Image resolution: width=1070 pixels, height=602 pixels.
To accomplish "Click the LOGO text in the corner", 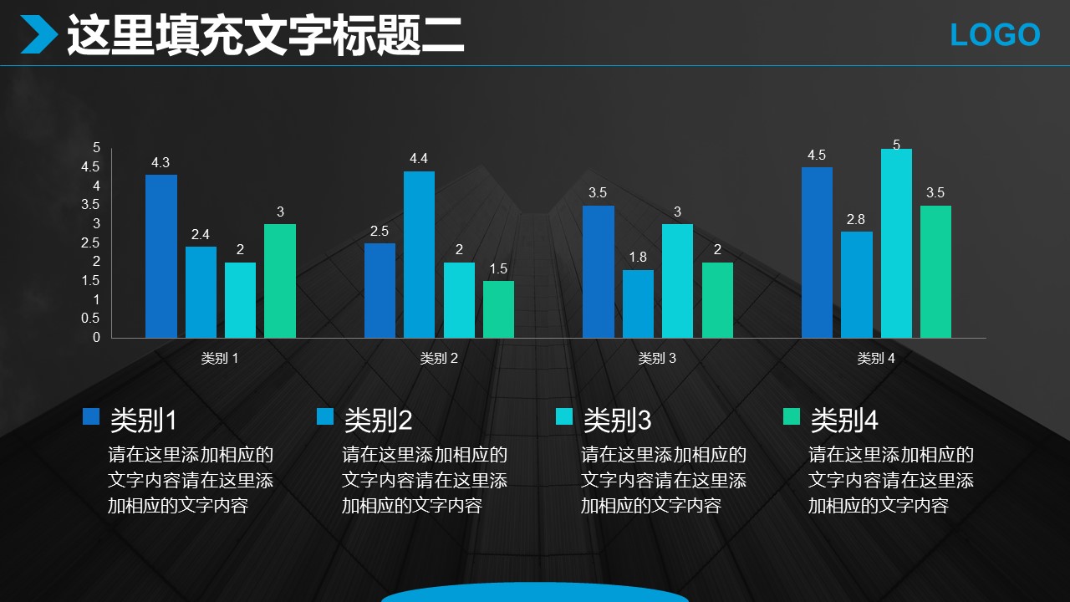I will [x=995, y=35].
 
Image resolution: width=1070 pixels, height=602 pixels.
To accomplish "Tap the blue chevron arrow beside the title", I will [x=38, y=35].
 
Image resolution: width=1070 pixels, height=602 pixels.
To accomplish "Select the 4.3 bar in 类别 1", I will [x=161, y=256].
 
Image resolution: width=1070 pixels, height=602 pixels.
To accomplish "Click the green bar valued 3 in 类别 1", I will [x=280, y=281].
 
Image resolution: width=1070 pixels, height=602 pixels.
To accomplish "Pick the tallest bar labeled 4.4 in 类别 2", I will [x=419, y=254].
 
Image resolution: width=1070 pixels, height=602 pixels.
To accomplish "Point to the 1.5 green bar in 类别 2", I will [x=498, y=309].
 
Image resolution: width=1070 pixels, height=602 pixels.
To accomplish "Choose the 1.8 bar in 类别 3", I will [x=638, y=304].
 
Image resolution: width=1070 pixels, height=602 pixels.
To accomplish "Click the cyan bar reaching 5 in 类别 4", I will [x=896, y=243].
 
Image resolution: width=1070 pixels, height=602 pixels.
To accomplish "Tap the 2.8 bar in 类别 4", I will [x=857, y=284].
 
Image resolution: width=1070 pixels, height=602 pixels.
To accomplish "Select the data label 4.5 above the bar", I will [x=817, y=156].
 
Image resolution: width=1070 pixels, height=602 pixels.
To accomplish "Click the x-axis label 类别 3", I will [x=657, y=359].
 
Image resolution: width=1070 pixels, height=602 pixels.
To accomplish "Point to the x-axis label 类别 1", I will [x=220, y=359].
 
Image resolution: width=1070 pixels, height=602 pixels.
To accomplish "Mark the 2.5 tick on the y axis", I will [x=91, y=242].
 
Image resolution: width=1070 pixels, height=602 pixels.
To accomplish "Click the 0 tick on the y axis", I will [x=96, y=338].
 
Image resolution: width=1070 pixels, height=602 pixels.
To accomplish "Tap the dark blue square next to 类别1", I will [x=91, y=416].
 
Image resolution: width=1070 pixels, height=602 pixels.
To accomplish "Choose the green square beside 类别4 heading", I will [x=791, y=416].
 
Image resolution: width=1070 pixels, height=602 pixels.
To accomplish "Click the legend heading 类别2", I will [x=379, y=420].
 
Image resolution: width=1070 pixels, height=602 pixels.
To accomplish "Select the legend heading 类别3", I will [x=617, y=420].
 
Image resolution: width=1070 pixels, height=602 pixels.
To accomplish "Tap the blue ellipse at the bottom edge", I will [x=535, y=593].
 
